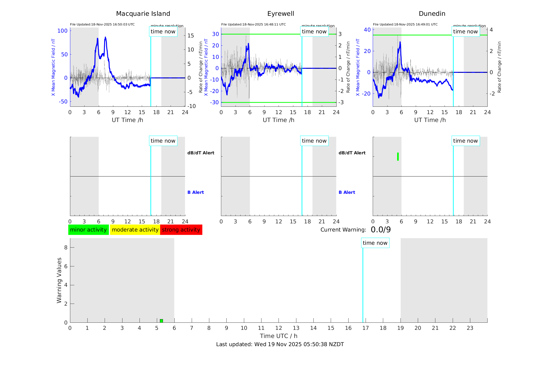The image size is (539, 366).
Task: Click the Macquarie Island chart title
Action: [143, 14]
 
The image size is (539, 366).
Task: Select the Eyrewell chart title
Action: [281, 14]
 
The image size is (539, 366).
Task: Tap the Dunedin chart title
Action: [432, 14]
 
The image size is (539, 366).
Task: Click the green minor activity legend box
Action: [88, 230]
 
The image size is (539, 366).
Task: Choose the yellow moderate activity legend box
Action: [135, 230]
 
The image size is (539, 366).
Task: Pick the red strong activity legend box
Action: [181, 230]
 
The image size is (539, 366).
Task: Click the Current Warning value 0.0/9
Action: [381, 230]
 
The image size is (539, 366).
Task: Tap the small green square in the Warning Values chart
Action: [161, 321]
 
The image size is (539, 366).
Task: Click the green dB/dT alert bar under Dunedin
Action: [398, 157]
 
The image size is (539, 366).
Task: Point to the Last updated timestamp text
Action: [280, 344]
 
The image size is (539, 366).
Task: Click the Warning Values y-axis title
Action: [59, 280]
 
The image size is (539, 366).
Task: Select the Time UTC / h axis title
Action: [279, 336]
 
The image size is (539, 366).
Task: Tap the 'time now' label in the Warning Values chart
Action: [375, 243]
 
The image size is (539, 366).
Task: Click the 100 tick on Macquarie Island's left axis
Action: [62, 31]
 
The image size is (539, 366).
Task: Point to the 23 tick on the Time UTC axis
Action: [470, 328]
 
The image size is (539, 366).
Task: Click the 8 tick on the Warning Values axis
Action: [66, 247]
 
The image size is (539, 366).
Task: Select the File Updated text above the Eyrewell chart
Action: [253, 24]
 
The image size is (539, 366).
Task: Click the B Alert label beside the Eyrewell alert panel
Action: [347, 192]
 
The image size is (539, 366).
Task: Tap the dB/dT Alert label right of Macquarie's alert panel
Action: [201, 153]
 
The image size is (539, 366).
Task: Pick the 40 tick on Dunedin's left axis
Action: [367, 30]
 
